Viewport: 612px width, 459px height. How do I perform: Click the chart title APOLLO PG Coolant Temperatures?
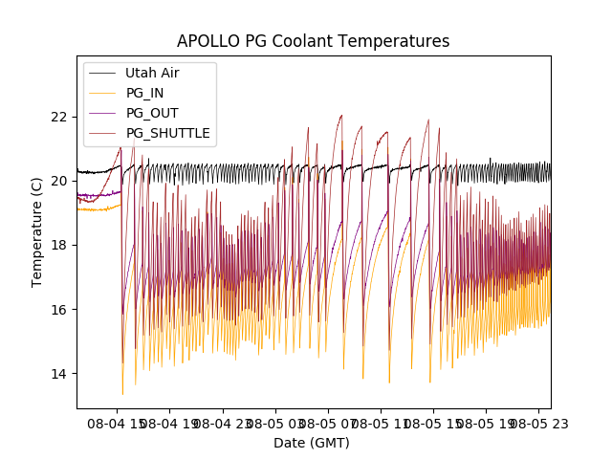click(313, 42)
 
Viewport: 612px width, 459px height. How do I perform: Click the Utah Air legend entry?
click(152, 73)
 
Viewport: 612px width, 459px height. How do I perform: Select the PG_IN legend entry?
click(144, 93)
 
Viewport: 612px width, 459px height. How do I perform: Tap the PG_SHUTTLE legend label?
click(167, 133)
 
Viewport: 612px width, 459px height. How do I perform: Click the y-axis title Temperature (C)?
click(37, 232)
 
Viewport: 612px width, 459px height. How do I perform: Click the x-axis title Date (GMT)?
click(312, 443)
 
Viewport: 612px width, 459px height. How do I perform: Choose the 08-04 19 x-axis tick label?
click(170, 423)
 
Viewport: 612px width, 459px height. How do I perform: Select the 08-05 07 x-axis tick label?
click(327, 423)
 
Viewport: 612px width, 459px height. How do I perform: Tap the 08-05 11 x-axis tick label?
click(380, 423)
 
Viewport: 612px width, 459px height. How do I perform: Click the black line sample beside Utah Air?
click(102, 73)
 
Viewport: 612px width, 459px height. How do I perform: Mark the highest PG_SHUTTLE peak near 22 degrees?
click(341, 116)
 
